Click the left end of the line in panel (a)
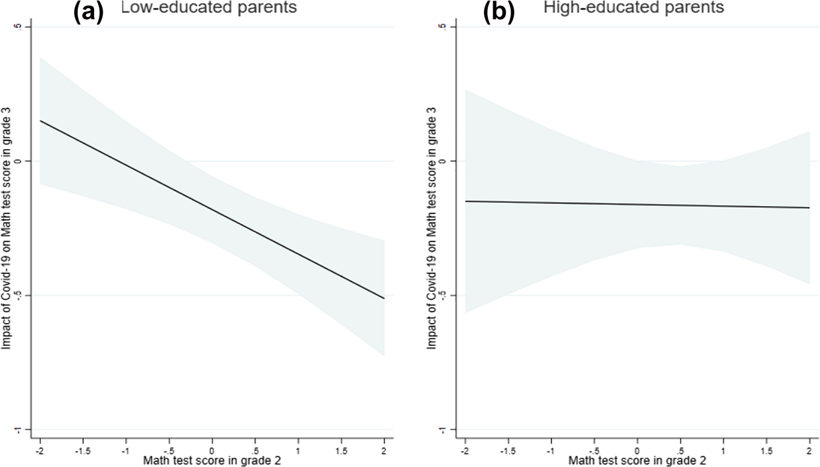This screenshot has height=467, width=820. point(40,121)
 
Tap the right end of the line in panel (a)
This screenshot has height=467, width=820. point(384,299)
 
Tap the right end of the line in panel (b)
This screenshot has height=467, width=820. point(809,208)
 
